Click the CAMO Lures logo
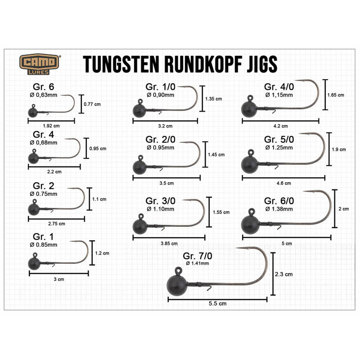(x=39, y=64)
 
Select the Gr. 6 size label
(x=43, y=87)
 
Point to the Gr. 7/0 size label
(x=197, y=256)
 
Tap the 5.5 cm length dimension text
(x=217, y=304)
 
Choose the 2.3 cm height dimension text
(x=283, y=274)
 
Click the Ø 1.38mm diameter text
(x=279, y=209)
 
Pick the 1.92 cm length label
(x=51, y=126)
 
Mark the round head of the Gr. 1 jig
(x=34, y=264)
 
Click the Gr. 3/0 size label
(x=160, y=201)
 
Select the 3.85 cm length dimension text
(x=169, y=244)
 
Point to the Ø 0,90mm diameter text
(x=160, y=95)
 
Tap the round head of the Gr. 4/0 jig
(x=249, y=109)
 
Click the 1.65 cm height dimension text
(x=336, y=95)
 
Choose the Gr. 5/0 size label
(x=279, y=139)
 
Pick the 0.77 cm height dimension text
(x=92, y=104)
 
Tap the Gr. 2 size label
(x=43, y=186)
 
